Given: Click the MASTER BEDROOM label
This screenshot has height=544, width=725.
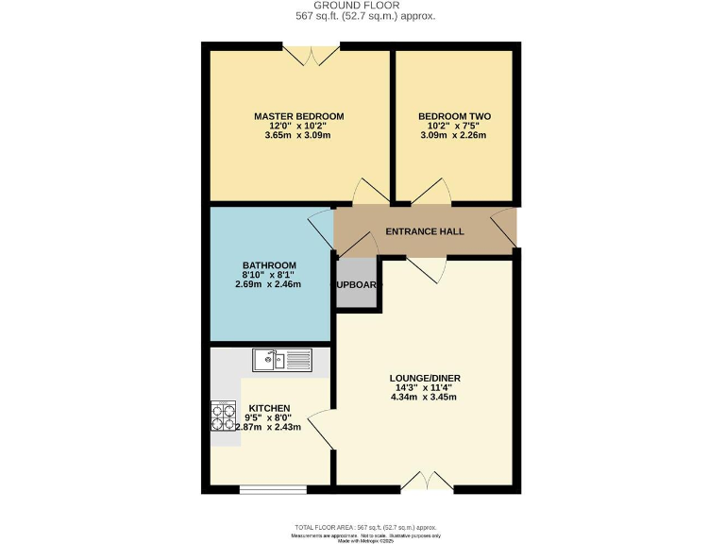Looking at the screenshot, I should coord(298,116).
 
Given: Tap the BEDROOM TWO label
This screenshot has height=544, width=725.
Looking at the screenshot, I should coord(454,116).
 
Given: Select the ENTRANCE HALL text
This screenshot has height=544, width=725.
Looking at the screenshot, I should coord(425,230).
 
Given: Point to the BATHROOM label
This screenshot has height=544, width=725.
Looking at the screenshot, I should coord(269,264).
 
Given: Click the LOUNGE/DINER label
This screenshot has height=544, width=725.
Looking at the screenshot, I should coord(425,378).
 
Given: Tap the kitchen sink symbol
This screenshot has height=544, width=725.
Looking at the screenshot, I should coord(281,359).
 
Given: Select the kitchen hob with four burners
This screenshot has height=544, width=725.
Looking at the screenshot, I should coord(224,416).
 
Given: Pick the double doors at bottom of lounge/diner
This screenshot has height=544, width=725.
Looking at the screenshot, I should coord(428,482).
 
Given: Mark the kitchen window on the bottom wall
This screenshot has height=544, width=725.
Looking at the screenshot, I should coord(272,489).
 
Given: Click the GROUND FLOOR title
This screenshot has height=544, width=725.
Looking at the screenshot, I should coord(362,5).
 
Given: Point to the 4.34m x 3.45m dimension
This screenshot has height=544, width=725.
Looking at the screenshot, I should coord(425,398).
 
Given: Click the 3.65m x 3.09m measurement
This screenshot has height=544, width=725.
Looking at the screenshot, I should coord(298,135).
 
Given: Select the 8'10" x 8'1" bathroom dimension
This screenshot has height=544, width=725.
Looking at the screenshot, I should coord(269,274).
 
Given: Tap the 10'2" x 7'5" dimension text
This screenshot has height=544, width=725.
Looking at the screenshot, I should coord(454,126).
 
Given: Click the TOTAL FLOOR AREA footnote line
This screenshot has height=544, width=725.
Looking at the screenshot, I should coord(366,527).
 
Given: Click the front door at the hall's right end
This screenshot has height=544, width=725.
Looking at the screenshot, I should coord(505,227).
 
